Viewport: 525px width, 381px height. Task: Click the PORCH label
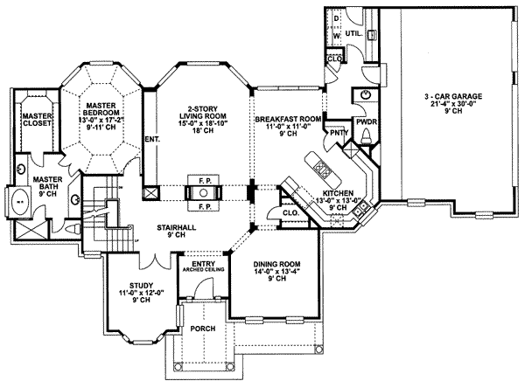point(203,330)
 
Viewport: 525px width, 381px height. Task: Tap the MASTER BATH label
point(35,185)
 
